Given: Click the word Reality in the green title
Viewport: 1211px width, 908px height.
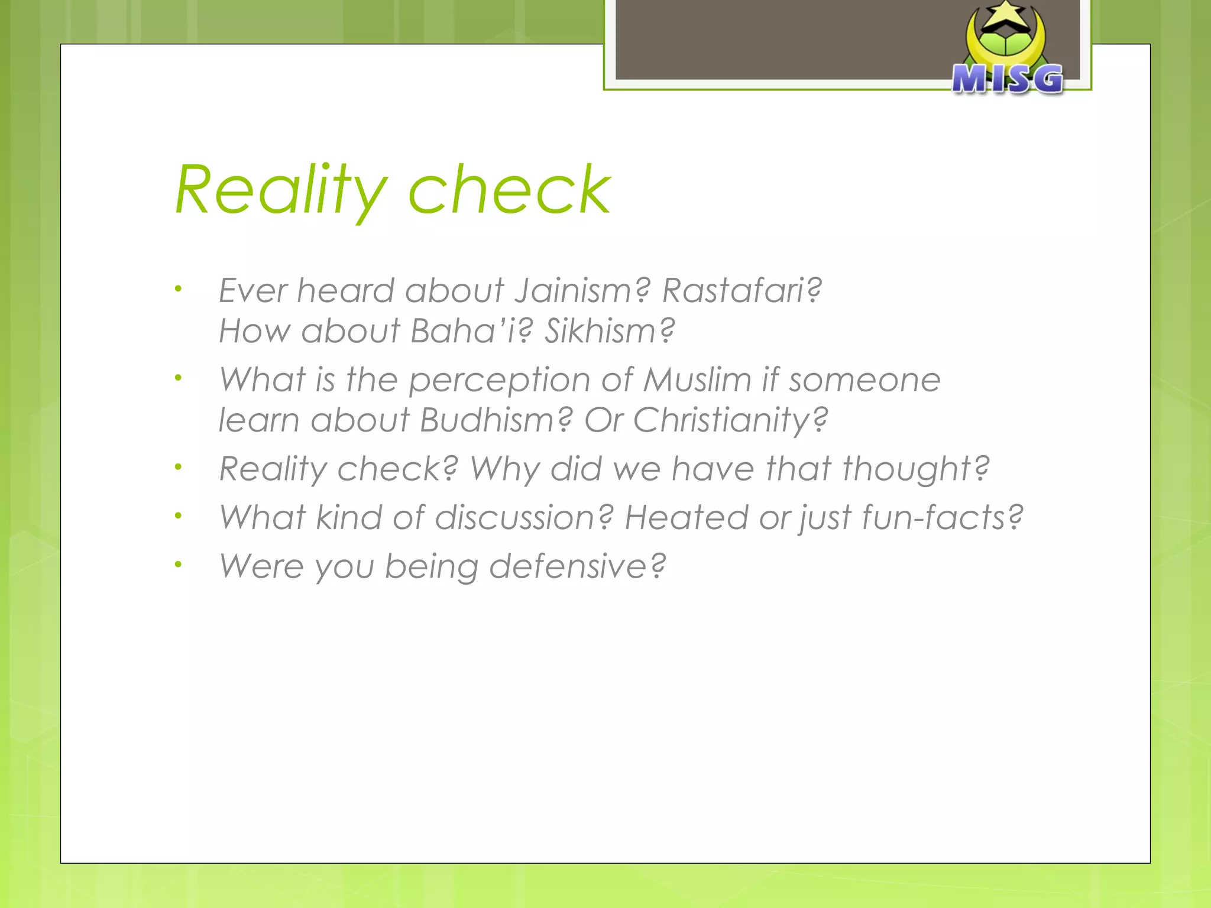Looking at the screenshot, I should (x=281, y=191).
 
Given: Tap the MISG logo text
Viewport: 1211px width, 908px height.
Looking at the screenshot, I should (x=1007, y=79).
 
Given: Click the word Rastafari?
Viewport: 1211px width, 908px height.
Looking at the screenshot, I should (x=742, y=290).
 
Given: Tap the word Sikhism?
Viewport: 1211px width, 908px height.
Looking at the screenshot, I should (x=610, y=330).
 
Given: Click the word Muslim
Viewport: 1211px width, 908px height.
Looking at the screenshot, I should (x=697, y=380).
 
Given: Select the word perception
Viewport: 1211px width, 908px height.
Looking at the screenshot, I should (x=500, y=381).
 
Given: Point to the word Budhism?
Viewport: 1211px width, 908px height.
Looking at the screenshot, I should (x=496, y=420).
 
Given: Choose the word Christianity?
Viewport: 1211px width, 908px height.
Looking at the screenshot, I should (x=730, y=421).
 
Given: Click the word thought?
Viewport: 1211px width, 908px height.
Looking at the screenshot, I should (x=915, y=469).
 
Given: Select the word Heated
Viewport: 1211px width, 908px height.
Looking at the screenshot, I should (x=687, y=517).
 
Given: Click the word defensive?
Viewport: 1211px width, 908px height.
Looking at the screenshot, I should (x=577, y=566).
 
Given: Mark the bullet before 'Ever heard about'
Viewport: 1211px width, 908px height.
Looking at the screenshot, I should (x=178, y=289).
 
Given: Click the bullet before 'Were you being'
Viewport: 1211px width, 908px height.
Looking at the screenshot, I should (x=178, y=565).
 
